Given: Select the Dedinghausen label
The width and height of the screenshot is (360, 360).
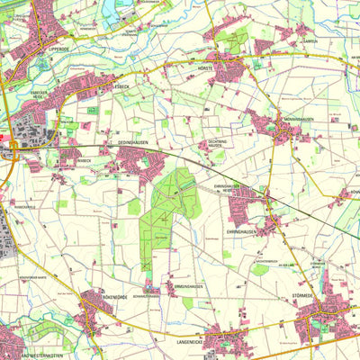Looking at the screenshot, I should [x=134, y=141].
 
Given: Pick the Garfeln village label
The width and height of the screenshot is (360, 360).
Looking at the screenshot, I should [x=310, y=40].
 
